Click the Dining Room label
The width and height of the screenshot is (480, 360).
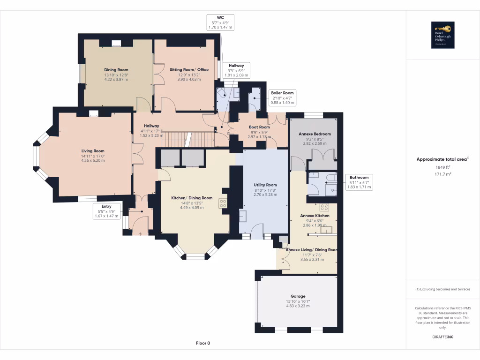point(116,70)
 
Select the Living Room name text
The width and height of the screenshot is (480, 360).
point(93,151)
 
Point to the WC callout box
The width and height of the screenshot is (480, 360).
point(220,22)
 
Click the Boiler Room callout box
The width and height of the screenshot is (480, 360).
point(283,97)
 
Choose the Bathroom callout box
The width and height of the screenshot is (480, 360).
point(359,182)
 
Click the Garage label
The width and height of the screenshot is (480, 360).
point(298,296)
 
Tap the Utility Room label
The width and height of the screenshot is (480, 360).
point(265,185)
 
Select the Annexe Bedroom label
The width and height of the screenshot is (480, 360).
point(315,134)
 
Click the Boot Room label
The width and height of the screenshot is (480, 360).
point(259,127)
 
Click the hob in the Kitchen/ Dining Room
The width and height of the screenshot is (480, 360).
point(223,202)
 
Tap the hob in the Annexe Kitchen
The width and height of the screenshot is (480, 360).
point(324,207)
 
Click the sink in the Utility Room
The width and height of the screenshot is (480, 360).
point(243,216)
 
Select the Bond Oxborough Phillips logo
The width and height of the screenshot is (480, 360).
point(443,36)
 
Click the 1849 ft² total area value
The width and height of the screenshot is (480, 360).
point(443,166)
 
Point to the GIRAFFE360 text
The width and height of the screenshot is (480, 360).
point(443,337)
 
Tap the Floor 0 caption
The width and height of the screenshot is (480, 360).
point(203,343)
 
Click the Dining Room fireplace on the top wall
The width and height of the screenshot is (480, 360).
point(116,44)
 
